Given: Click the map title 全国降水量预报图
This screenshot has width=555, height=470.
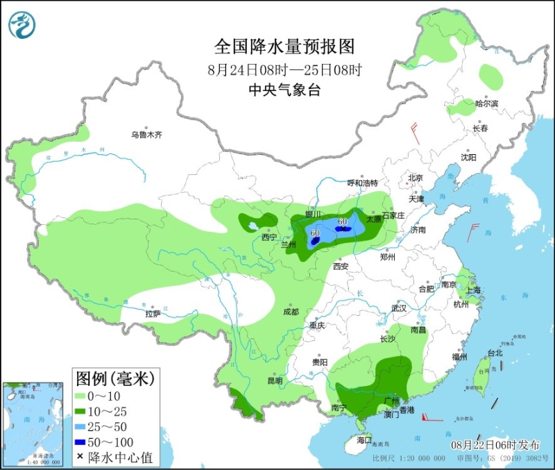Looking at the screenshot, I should (284, 47).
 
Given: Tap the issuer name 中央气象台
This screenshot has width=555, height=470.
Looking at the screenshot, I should (284, 90).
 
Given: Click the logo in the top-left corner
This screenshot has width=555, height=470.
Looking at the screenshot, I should (22, 25).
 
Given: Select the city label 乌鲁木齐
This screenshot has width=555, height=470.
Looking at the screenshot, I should (146, 135).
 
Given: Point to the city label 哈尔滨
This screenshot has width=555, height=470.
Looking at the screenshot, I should (486, 103).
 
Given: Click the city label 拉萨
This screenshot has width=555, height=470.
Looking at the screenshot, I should (153, 314).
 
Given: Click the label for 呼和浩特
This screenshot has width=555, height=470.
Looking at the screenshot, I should (362, 183).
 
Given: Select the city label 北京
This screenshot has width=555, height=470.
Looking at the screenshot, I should (416, 178).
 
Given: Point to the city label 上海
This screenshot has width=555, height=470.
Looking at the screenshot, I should (475, 290).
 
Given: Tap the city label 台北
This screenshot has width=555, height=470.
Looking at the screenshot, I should (495, 353).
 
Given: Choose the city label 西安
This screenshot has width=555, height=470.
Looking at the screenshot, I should (340, 266).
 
